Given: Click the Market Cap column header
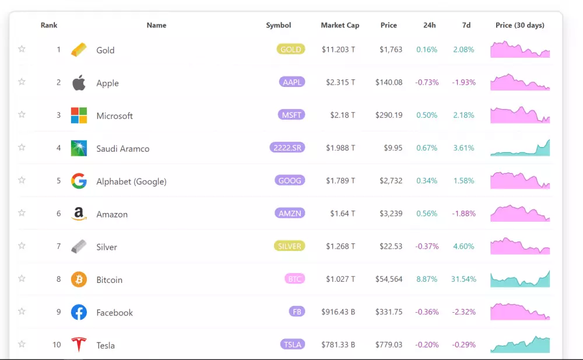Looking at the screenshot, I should click(340, 25).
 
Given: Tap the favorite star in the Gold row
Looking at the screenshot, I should click(22, 49).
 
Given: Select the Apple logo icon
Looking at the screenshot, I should click(79, 83).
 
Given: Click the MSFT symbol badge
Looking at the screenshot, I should click(291, 115).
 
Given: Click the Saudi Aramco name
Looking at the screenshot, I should click(122, 149).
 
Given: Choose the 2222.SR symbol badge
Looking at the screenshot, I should click(287, 148).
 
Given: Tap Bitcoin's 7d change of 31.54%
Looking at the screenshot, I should click(463, 279).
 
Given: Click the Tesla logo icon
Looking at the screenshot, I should click(79, 345).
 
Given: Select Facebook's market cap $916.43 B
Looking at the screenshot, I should click(338, 312).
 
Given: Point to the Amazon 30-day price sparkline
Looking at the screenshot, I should click(520, 214).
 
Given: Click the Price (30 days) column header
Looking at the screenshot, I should click(519, 25).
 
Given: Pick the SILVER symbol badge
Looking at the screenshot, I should click(290, 246).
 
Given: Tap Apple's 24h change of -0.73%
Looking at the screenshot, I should click(427, 82).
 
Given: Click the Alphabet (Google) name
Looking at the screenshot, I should click(131, 181).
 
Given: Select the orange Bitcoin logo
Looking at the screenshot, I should click(79, 279).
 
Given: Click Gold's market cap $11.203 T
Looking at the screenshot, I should click(338, 50).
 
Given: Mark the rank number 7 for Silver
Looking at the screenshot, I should click(58, 246).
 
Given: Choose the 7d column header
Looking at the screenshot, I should click(466, 25).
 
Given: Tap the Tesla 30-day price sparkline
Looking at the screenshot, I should click(520, 345).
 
